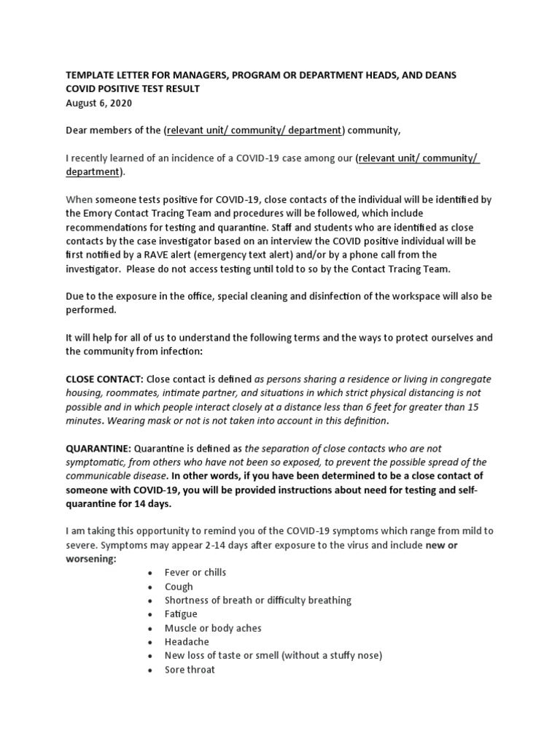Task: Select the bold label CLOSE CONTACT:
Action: [105, 380]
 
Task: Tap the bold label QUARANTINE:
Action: [98, 449]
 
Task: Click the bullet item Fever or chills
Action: [195, 573]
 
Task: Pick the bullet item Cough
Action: [179, 587]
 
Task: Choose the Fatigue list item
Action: [181, 614]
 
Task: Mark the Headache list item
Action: [187, 642]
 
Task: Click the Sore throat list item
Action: [190, 670]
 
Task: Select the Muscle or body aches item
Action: [213, 628]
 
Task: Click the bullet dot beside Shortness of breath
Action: [149, 600]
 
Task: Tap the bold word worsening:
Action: [91, 560]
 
